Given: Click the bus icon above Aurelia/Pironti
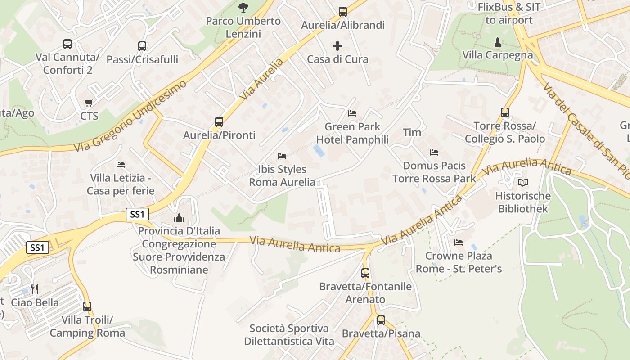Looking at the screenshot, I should pyautogui.click(x=219, y=121).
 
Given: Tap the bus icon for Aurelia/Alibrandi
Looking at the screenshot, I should pyautogui.click(x=343, y=12).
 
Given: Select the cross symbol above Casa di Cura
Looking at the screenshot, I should pyautogui.click(x=337, y=46).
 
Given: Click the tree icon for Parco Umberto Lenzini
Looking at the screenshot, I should pyautogui.click(x=243, y=7).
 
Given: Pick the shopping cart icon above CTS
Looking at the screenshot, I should pyautogui.click(x=89, y=103).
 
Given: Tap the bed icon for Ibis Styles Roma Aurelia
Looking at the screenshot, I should pyautogui.click(x=282, y=156).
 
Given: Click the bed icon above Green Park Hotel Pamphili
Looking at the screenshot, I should pyautogui.click(x=352, y=113).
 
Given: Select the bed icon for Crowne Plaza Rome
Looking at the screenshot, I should pyautogui.click(x=459, y=243).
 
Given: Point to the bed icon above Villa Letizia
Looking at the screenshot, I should pyautogui.click(x=121, y=165).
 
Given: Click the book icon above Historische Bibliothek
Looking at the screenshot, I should pyautogui.click(x=522, y=182).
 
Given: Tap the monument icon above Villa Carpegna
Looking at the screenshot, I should pyautogui.click(x=497, y=42).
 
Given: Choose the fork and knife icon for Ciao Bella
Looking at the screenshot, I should pyautogui.click(x=35, y=289).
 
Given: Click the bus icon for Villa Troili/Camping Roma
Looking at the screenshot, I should pyautogui.click(x=87, y=306).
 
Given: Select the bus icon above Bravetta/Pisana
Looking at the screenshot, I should pyautogui.click(x=381, y=320).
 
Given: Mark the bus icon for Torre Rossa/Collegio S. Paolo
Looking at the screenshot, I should pyautogui.click(x=505, y=112).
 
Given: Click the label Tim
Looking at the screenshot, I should pyautogui.click(x=412, y=132).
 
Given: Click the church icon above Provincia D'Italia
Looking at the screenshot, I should pyautogui.click(x=179, y=218).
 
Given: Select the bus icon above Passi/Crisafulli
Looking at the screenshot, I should pyautogui.click(x=142, y=46).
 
